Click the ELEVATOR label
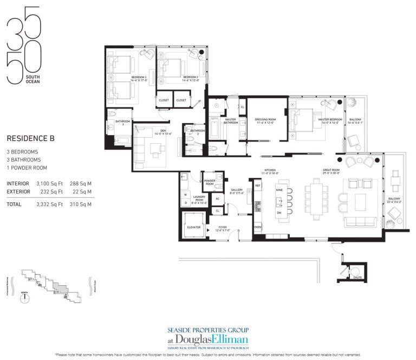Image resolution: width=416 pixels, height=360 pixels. [194, 227]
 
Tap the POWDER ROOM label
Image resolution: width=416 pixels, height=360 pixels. [210, 183]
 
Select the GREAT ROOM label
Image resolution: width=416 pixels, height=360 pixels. [331, 170]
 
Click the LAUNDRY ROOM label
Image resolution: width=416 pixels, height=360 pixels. [199, 199]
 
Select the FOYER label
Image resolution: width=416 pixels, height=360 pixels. [222, 227]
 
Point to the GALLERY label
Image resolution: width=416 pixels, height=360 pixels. [236, 190]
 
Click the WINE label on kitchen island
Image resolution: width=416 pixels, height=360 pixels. [279, 190]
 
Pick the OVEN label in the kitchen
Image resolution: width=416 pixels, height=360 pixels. [258, 227]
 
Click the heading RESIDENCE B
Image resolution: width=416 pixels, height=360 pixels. [30, 139]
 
